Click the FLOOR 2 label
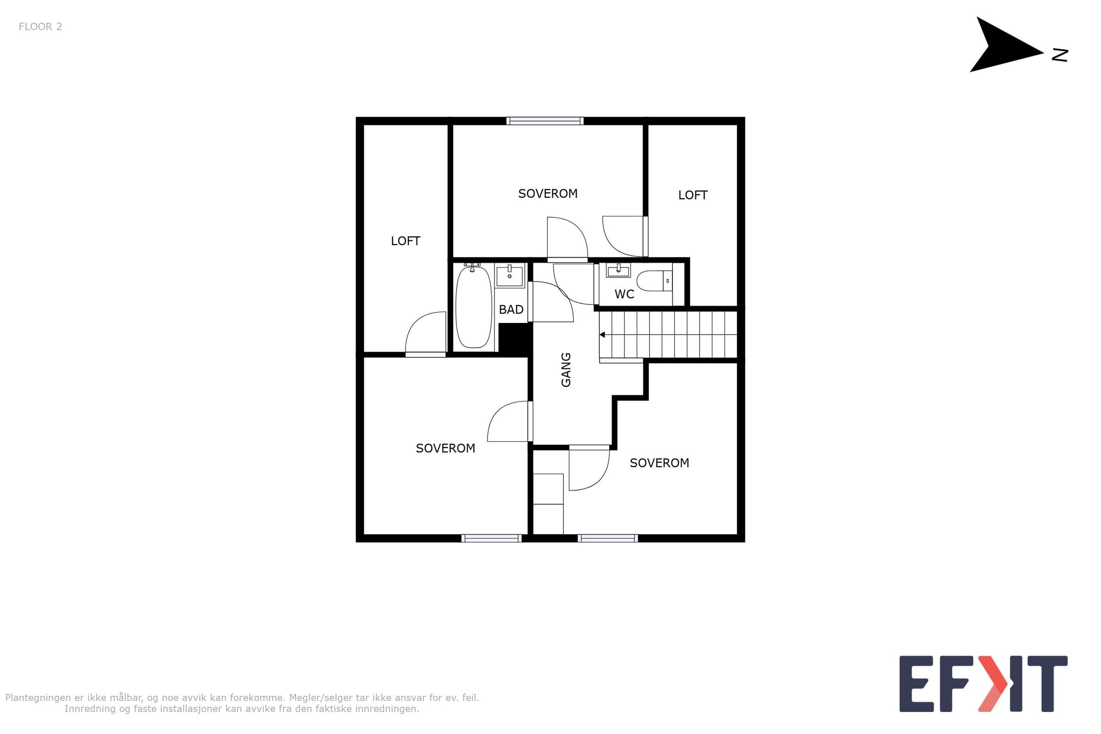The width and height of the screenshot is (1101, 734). pos(40,27)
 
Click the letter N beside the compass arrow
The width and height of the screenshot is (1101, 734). pos(1060,55)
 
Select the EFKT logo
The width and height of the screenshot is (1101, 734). pos(983,684)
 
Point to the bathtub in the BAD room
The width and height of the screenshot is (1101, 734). pos(474,306)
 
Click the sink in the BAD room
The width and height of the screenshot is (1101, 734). pos(509,276)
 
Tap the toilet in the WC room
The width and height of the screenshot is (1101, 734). pos(655,281)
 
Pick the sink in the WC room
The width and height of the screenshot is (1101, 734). pos(618,271)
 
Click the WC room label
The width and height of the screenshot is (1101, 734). pos(624,295)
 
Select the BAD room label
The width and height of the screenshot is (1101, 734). pos(511,309)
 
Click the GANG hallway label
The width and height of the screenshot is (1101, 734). pos(566,370)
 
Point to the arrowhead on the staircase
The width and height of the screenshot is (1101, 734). pos(602,335)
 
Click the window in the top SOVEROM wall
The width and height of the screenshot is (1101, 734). pos(545,121)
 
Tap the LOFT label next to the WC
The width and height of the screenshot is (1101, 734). pos(693,195)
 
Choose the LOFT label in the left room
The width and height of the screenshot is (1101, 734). pos(406,241)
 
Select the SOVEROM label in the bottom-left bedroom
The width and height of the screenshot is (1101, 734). pos(445,449)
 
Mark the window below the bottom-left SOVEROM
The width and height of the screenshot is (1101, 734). pos(491,538)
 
